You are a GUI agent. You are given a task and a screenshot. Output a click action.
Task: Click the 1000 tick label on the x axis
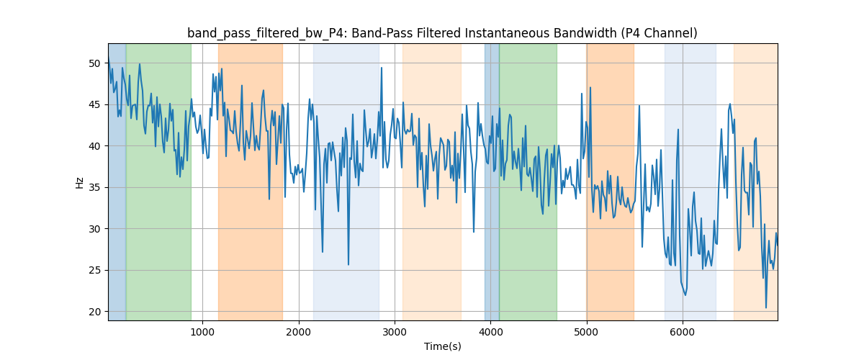click(x=203, y=331)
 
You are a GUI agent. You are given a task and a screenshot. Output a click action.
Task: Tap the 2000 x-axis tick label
click(x=299, y=331)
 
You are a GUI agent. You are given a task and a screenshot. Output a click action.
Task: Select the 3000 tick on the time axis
click(x=395, y=331)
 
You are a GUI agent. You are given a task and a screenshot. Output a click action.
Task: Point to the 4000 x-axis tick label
click(x=490, y=331)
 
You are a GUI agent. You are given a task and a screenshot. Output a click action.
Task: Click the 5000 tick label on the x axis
click(x=586, y=331)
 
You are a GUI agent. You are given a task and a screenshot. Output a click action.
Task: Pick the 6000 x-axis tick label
click(x=682, y=331)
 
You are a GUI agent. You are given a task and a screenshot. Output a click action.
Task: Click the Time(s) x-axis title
click(x=443, y=346)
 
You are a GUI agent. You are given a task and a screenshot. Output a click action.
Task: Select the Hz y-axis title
click(x=79, y=182)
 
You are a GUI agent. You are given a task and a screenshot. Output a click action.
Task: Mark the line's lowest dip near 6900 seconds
click(x=766, y=308)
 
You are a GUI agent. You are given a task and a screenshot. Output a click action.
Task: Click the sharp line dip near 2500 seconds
click(x=348, y=264)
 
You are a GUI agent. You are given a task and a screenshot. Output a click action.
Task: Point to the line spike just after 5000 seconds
click(x=590, y=88)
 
